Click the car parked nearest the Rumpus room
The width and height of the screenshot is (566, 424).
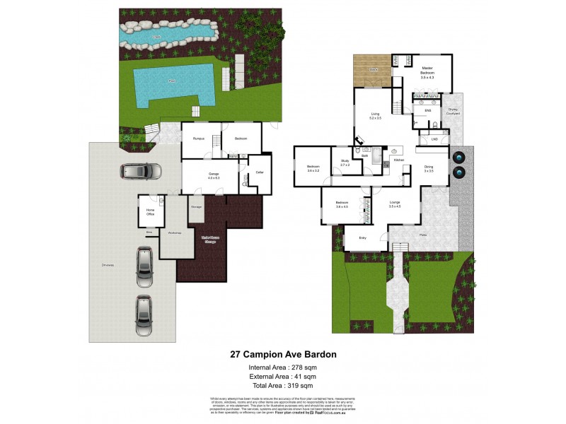pyautogui.click(x=141, y=171)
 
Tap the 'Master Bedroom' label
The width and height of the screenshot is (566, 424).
pyautogui.click(x=427, y=71)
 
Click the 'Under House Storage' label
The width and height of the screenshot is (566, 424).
pyautogui.click(x=209, y=240)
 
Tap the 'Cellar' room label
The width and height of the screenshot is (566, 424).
pyautogui.click(x=259, y=172)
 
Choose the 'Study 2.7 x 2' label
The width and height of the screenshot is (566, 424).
pyautogui.click(x=345, y=163)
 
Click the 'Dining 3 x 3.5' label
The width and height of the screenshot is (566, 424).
pyautogui.click(x=429, y=169)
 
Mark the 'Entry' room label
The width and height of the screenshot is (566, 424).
pyautogui.click(x=363, y=238)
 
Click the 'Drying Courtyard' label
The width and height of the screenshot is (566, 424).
pyautogui.click(x=453, y=111)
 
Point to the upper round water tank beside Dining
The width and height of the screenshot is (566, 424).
pyautogui.click(x=458, y=156)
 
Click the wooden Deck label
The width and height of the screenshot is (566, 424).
pyautogui.click(x=373, y=70)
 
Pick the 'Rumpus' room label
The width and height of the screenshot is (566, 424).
pyautogui.click(x=199, y=139)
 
